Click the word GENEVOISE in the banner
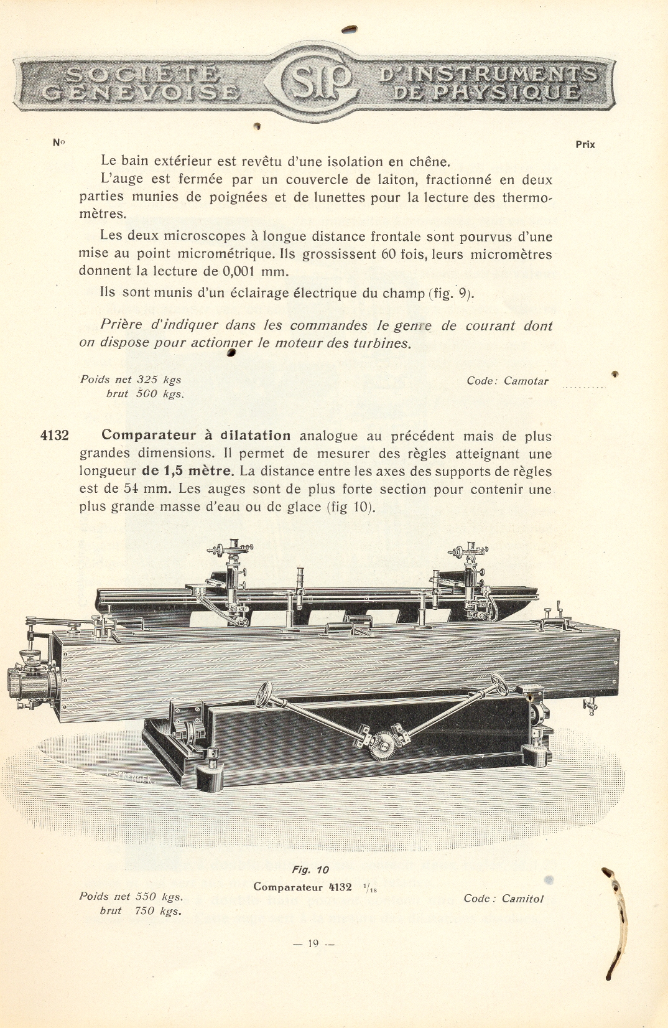141,93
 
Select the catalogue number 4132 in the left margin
54,436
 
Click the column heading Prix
585,144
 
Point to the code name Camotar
526,381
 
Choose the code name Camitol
522,899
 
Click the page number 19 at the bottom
313,943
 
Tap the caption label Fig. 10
310,870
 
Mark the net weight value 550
146,897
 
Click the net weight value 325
147,380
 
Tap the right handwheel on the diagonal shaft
499,685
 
